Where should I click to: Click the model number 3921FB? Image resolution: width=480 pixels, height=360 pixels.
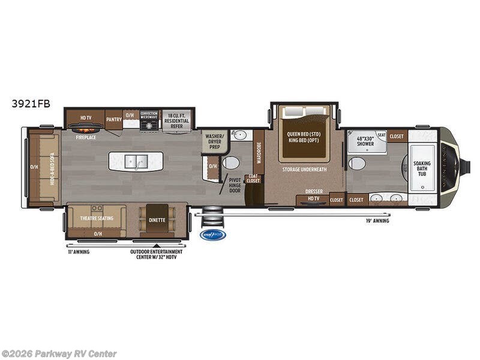[31, 103]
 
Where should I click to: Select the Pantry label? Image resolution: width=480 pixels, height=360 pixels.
[114, 119]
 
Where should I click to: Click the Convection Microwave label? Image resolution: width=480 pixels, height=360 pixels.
[149, 115]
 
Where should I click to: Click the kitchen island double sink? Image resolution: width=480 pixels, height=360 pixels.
[136, 161]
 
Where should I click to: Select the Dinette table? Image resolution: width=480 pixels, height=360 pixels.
[157, 220]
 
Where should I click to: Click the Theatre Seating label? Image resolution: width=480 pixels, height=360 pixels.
[97, 218]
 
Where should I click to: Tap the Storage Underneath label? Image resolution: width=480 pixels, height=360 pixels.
[304, 170]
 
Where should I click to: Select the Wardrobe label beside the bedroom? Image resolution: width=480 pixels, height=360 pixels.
[259, 152]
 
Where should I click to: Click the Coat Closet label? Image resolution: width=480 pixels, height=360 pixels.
[253, 178]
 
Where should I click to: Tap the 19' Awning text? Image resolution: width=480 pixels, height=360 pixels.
[377, 221]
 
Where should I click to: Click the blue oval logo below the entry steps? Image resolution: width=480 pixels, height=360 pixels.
[212, 235]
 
